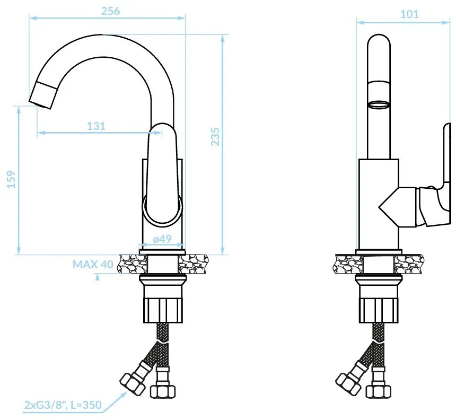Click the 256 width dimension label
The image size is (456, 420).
110,11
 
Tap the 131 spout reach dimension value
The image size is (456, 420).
97,126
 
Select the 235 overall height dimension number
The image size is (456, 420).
215,137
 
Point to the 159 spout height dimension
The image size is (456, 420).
11,179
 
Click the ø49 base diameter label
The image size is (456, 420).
162,239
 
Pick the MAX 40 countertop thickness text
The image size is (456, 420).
93,265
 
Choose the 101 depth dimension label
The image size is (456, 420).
409,14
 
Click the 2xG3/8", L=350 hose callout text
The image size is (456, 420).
63,405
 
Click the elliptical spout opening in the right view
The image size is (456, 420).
379,105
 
